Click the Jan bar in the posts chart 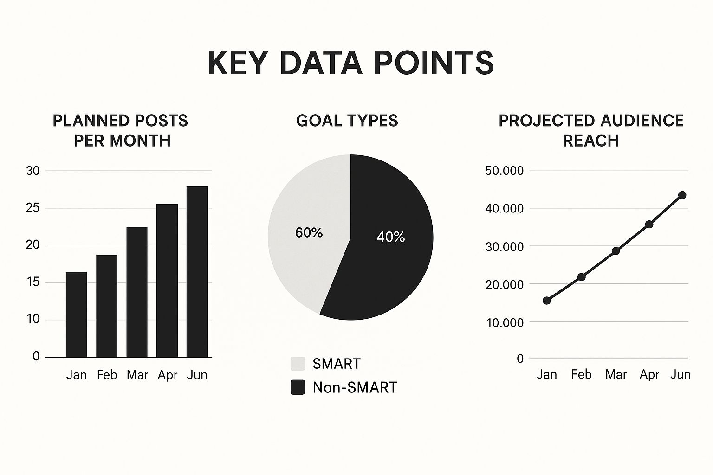(77, 315)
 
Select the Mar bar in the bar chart (137, 292)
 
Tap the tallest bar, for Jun (197, 272)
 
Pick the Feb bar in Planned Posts (107, 306)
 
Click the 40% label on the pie (390, 237)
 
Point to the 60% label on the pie (309, 232)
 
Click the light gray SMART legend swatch (298, 363)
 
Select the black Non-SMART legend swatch (298, 387)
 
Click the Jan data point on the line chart (547, 300)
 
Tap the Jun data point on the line (682, 195)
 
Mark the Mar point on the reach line (616, 251)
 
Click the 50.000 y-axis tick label (504, 171)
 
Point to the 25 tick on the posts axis (33, 208)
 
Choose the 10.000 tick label (505, 322)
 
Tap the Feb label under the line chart (581, 374)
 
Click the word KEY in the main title (236, 63)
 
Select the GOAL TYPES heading (347, 121)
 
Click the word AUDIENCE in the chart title (642, 121)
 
